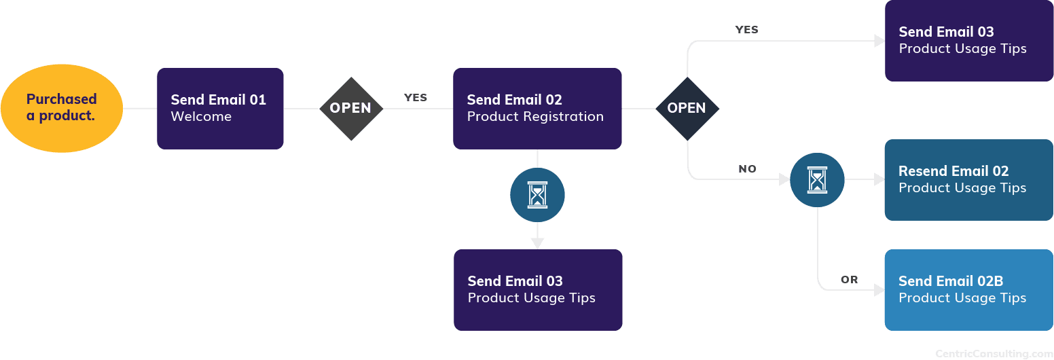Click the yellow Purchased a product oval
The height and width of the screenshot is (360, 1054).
click(x=62, y=108)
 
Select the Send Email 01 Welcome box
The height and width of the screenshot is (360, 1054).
click(x=220, y=108)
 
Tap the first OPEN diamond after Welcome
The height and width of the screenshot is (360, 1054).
click(x=350, y=108)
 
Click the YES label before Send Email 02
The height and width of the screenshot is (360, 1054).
click(x=416, y=98)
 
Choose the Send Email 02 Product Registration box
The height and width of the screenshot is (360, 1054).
click(x=537, y=108)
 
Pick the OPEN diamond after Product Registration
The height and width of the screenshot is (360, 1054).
click(x=687, y=108)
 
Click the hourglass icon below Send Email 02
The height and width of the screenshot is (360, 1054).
click(x=537, y=196)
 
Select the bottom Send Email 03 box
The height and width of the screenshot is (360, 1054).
click(x=538, y=290)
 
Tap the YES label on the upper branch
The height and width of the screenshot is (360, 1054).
click(x=747, y=30)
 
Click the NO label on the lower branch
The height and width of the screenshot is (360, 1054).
click(x=747, y=168)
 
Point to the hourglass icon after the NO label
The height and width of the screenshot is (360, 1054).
click(x=817, y=180)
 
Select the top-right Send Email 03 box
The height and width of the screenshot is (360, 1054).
click(x=968, y=41)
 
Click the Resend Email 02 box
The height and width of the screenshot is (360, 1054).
click(x=968, y=180)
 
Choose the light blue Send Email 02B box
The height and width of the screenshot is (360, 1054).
click(x=968, y=290)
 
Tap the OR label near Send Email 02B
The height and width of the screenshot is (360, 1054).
click(x=849, y=280)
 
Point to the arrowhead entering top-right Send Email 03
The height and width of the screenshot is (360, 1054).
click(x=879, y=41)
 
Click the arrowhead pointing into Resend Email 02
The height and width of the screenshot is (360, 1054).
click(x=879, y=180)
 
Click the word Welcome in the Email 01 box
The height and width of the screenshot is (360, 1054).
click(x=201, y=117)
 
